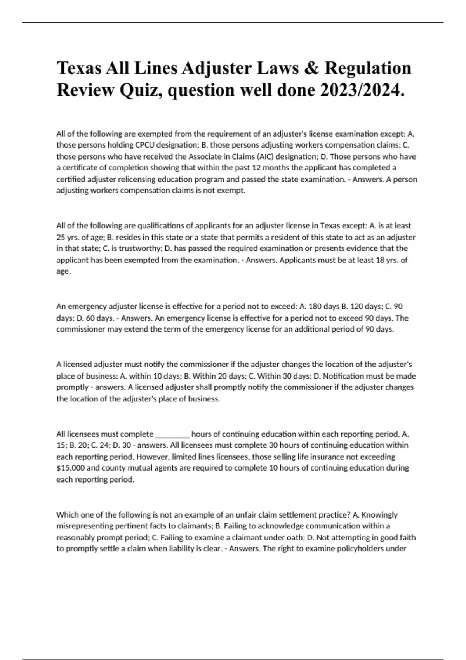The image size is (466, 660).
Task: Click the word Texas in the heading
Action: [80, 68]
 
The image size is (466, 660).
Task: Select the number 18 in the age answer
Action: [380, 260]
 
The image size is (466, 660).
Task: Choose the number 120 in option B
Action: [357, 306]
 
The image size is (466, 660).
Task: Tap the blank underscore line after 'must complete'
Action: [172, 434]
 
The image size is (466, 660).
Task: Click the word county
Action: [113, 468]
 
